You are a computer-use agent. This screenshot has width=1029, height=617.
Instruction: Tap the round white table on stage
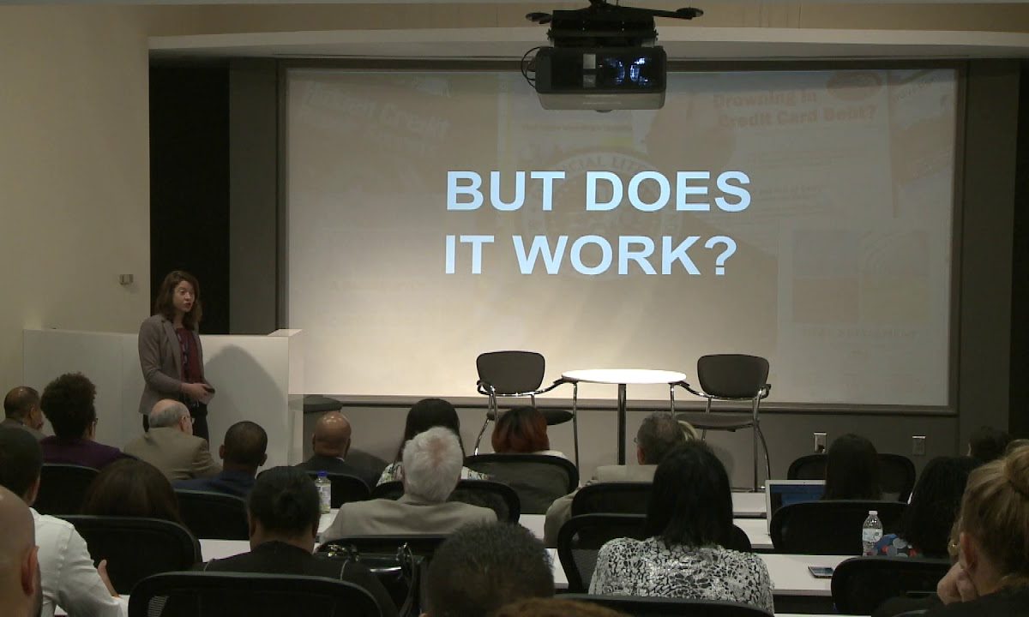[623, 377]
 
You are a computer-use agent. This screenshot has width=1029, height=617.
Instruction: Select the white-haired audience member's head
[433, 463]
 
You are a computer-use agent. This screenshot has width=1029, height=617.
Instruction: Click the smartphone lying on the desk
[821, 572]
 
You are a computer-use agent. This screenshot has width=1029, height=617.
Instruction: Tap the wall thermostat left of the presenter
[126, 279]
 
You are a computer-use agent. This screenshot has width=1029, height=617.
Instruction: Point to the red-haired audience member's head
[520, 430]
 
